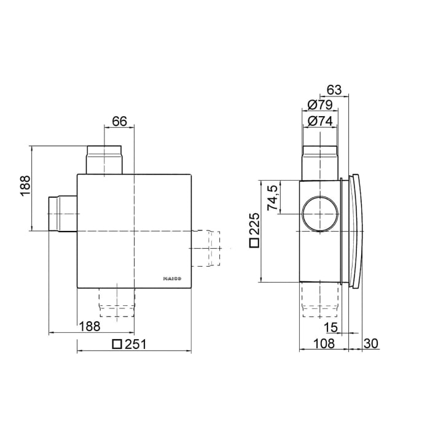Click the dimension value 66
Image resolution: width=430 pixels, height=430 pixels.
[119, 121]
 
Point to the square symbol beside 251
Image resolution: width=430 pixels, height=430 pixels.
[117, 345]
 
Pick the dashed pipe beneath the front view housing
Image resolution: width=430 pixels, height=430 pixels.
[116, 303]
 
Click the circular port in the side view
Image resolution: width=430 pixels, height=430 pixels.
[319, 214]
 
